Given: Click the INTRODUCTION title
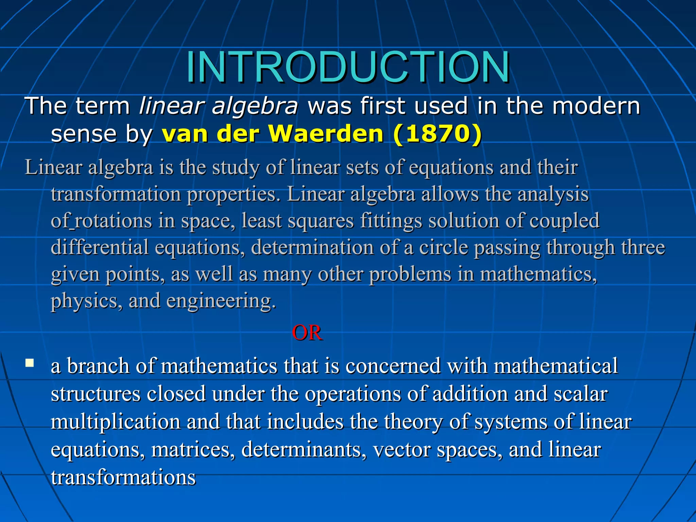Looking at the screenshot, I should [348, 67].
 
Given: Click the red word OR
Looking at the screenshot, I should [307, 333].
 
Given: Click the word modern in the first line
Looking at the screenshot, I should [596, 106].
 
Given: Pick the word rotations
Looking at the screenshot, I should [112, 221].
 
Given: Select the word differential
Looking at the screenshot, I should [100, 247].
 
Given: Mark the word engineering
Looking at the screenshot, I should [221, 301].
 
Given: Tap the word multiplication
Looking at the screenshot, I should [116, 422].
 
